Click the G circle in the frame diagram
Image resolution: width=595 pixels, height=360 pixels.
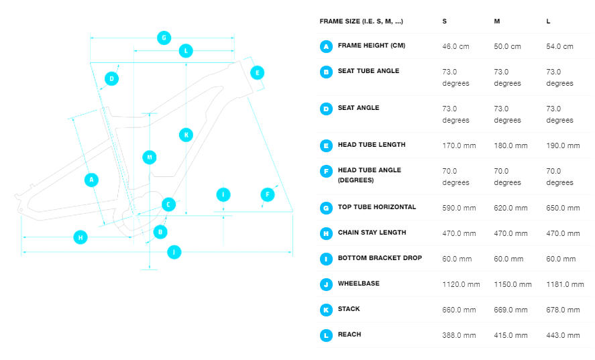click(164, 38)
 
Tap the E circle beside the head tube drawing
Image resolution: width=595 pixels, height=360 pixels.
click(258, 73)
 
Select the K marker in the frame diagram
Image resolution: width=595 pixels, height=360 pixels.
click(186, 135)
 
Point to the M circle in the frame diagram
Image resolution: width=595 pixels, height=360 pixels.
click(150, 157)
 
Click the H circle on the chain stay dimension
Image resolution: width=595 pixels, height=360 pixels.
click(80, 237)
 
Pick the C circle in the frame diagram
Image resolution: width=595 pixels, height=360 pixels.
click(168, 204)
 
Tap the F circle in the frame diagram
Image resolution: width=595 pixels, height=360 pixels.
click(268, 194)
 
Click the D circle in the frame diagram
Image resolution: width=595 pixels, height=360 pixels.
click(111, 78)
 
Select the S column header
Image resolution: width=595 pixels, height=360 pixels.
click(444, 21)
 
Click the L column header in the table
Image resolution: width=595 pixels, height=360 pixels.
click(548, 21)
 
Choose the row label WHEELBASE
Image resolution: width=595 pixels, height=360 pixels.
click(359, 284)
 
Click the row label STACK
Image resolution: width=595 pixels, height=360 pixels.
click(349, 309)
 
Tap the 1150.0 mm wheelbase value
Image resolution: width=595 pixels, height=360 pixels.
click(512, 284)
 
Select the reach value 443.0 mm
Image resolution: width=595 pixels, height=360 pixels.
click(563, 335)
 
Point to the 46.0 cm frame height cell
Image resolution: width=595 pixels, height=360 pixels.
click(455, 46)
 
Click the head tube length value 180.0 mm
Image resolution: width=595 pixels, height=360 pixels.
click(510, 145)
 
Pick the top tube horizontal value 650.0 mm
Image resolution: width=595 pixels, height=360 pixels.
click(563, 208)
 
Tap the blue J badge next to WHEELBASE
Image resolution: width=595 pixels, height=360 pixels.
click(326, 284)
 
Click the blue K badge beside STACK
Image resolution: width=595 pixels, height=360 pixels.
click(326, 310)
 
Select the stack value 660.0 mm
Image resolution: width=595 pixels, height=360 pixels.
click(459, 310)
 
